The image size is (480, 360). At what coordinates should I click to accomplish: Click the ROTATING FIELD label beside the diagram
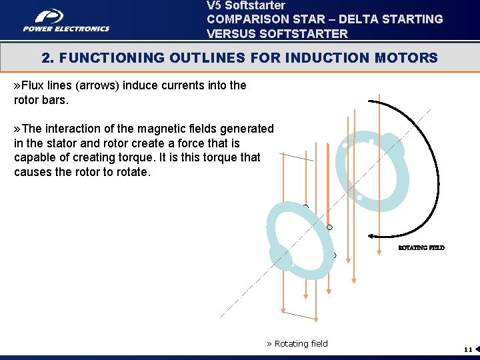(421, 247)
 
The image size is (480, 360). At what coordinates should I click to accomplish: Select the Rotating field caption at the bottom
(297, 344)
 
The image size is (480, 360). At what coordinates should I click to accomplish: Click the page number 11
(468, 349)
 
